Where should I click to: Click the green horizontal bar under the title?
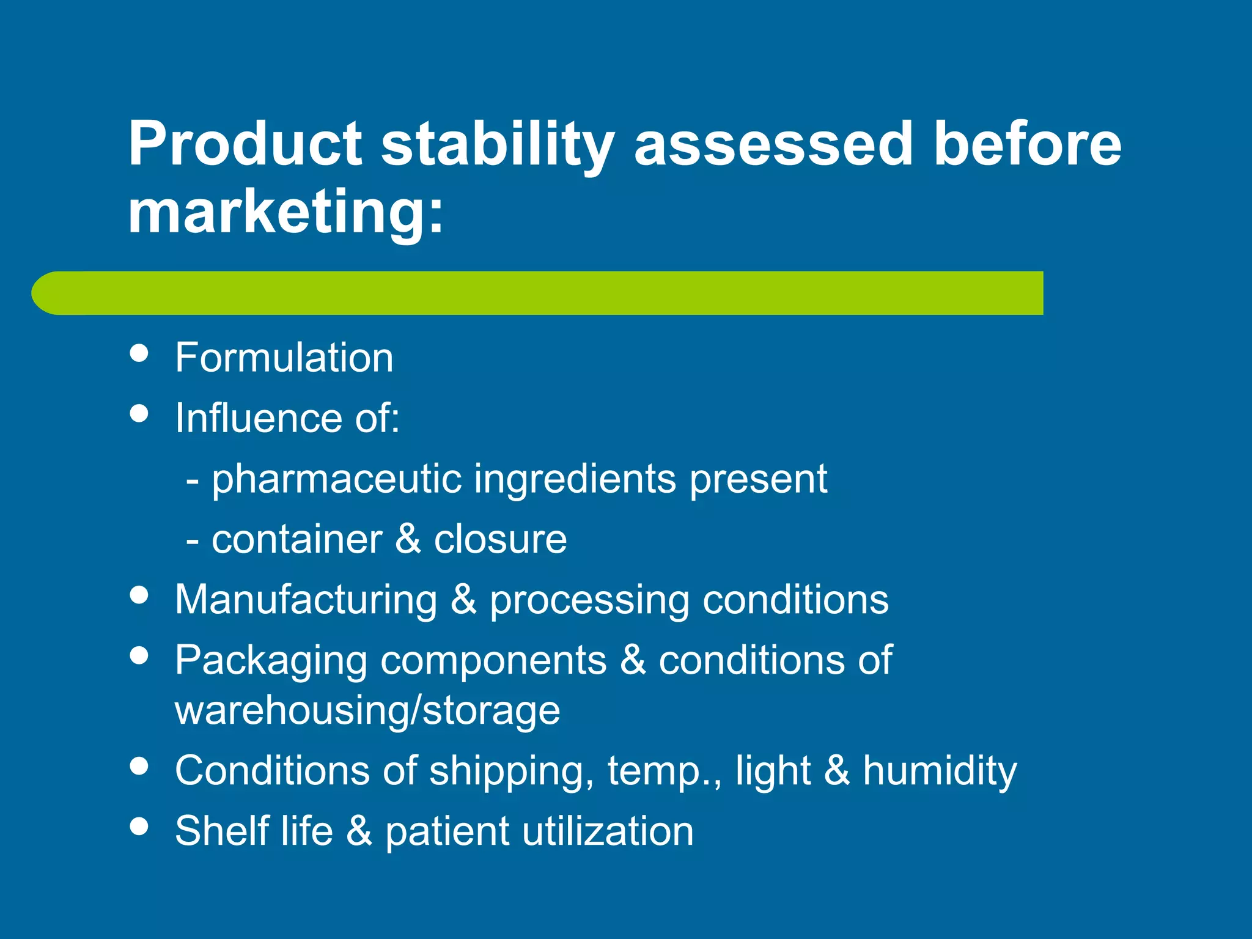(538, 293)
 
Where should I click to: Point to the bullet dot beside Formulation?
(139, 353)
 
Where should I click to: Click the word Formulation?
(284, 358)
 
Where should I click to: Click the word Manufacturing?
(306, 600)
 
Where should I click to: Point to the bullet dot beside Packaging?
(139, 656)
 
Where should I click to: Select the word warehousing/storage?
(367, 710)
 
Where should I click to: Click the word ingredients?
(575, 479)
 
